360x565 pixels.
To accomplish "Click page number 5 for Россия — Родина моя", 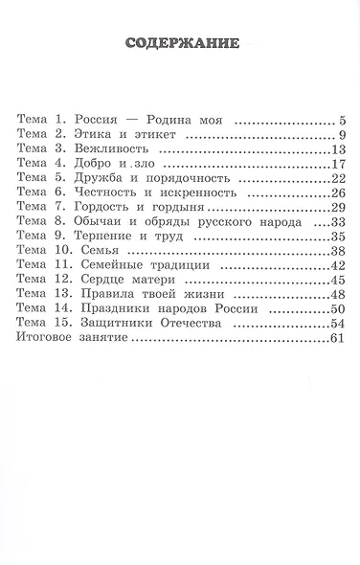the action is pyautogui.click(x=340, y=122).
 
